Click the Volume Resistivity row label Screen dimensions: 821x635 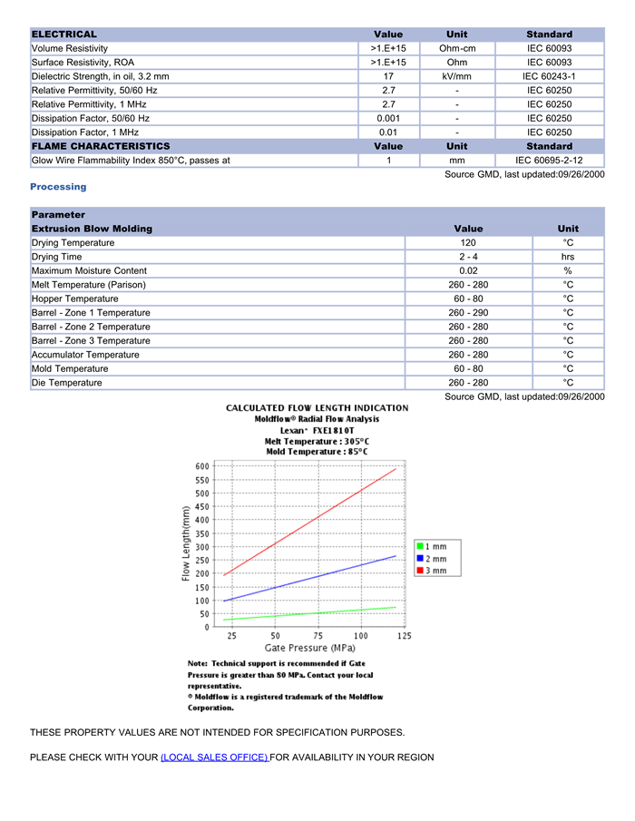click(70, 48)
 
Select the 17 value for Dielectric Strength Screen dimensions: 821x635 click(388, 76)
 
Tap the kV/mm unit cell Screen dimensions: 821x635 click(457, 76)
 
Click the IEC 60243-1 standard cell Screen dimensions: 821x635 click(549, 76)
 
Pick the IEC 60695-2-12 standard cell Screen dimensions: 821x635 click(549, 161)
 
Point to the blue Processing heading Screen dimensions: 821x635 click(58, 187)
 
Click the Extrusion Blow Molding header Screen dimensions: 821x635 click(92, 229)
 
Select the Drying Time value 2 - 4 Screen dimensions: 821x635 click(468, 257)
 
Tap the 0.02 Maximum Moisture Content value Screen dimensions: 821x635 click(468, 271)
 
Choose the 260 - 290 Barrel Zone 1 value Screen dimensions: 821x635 click(468, 313)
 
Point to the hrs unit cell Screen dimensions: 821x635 click(568, 257)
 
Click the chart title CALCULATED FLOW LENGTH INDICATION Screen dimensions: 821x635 click(317, 408)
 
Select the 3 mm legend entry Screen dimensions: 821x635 click(432, 571)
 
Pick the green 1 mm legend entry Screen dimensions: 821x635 click(432, 546)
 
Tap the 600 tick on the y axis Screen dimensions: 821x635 click(202, 466)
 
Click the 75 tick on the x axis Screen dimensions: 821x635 click(318, 636)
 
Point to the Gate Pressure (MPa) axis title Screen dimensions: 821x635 click(309, 649)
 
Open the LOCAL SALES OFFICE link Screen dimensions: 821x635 click(214, 757)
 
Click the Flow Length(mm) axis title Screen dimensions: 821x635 click(186, 544)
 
